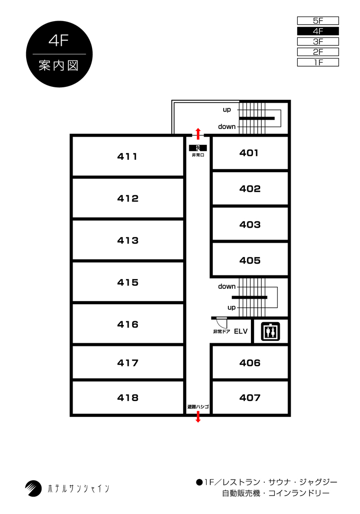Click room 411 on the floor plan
pos(128,156)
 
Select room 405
pos(250,260)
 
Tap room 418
pos(128,398)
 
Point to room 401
pos(250,153)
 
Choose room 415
pos(128,282)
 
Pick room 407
pos(250,398)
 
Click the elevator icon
pos(270,332)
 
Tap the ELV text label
pos(241,332)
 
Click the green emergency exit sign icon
pos(197,148)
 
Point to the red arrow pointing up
pos(197,134)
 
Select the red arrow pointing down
pos(197,417)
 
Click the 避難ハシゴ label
pos(198,407)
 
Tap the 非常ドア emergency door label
pos(222,332)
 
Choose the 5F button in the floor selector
pos(318,21)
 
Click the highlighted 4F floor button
pos(318,31)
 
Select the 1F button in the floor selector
pos(318,62)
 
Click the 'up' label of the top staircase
pos(227,110)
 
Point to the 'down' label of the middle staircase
pos(227,286)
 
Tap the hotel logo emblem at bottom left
pos(33,488)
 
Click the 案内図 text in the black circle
pos(59,66)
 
